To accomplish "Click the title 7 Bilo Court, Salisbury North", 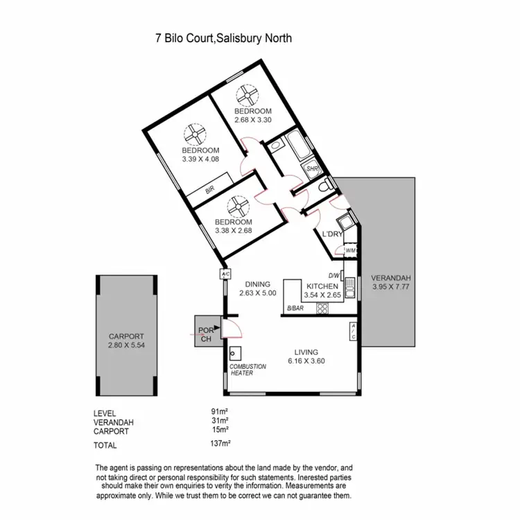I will (x=223, y=39).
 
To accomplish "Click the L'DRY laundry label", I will (x=333, y=235).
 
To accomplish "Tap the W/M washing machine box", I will (x=350, y=250).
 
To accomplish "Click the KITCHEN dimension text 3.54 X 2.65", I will (x=323, y=295).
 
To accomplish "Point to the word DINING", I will (x=257, y=284).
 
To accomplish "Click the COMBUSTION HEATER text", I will (x=246, y=369).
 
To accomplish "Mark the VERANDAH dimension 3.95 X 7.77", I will (x=392, y=286).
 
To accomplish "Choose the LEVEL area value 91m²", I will (x=220, y=412).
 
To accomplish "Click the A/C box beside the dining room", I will (x=225, y=274).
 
